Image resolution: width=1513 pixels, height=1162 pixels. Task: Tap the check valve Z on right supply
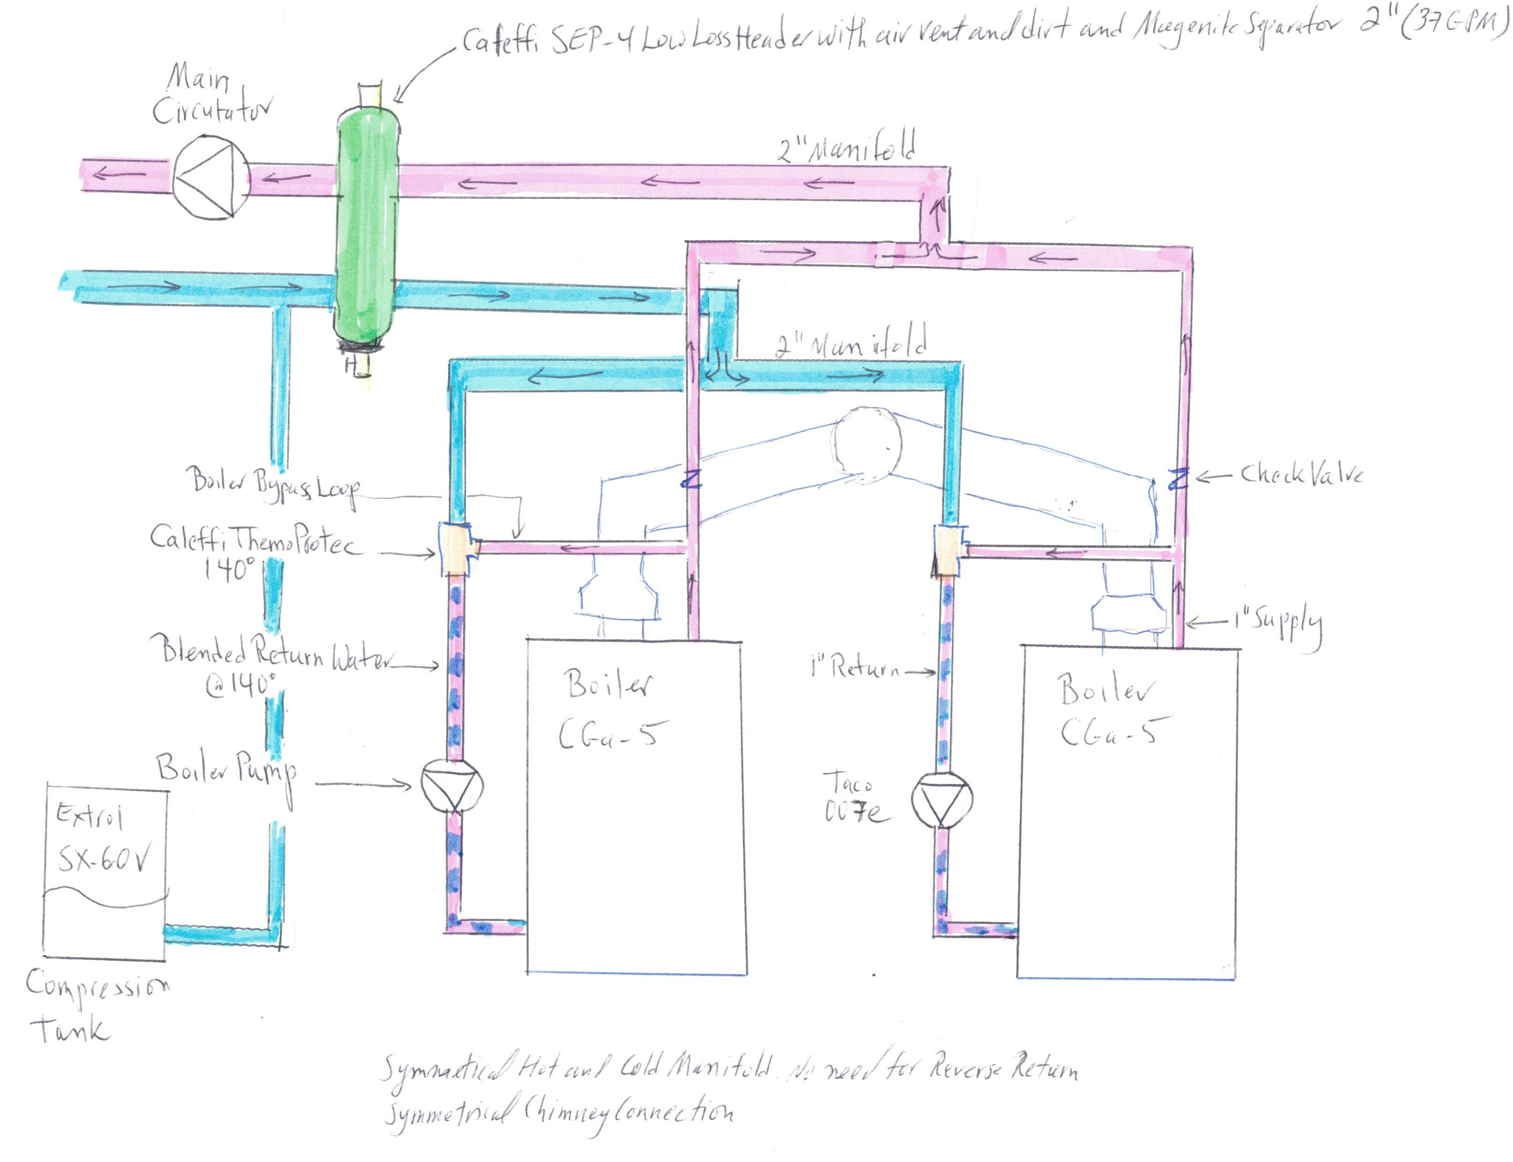pyautogui.click(x=1178, y=478)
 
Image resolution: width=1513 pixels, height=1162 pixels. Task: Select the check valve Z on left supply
pyautogui.click(x=692, y=479)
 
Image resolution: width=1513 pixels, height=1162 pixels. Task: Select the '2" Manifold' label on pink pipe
pyautogui.click(x=847, y=147)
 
